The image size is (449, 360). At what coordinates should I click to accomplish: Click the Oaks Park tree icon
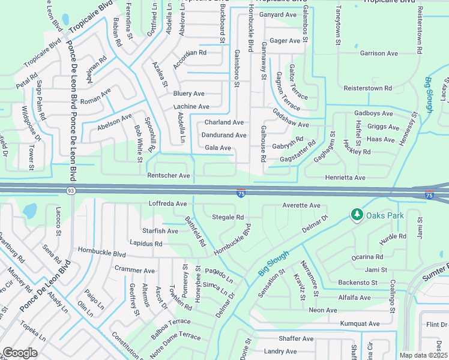pos(357,215)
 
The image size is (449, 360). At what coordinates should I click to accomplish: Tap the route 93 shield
pos(71,191)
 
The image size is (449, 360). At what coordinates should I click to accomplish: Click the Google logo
pos(20,353)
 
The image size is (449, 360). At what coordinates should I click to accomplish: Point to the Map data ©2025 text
pos(423,355)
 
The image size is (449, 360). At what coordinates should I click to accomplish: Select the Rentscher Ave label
pos(169,176)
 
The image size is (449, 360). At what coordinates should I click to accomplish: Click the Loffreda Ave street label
pos(168,204)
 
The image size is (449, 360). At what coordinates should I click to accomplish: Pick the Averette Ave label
pos(301,205)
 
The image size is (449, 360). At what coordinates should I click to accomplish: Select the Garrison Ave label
pos(379,53)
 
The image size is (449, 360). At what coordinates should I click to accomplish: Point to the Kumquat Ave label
pos(360,324)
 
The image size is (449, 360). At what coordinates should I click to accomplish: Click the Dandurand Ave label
pos(223,136)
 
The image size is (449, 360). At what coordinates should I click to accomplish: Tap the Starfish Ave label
pos(160,231)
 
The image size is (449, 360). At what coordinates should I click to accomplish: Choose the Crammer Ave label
pos(134,271)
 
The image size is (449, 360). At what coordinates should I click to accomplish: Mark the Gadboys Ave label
pos(373,113)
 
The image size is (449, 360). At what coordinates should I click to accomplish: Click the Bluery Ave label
pos(188,94)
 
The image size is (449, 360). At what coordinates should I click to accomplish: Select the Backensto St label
pos(357,282)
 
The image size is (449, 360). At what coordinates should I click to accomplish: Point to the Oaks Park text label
pos(385,215)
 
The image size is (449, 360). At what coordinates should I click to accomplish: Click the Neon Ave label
pos(323,310)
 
